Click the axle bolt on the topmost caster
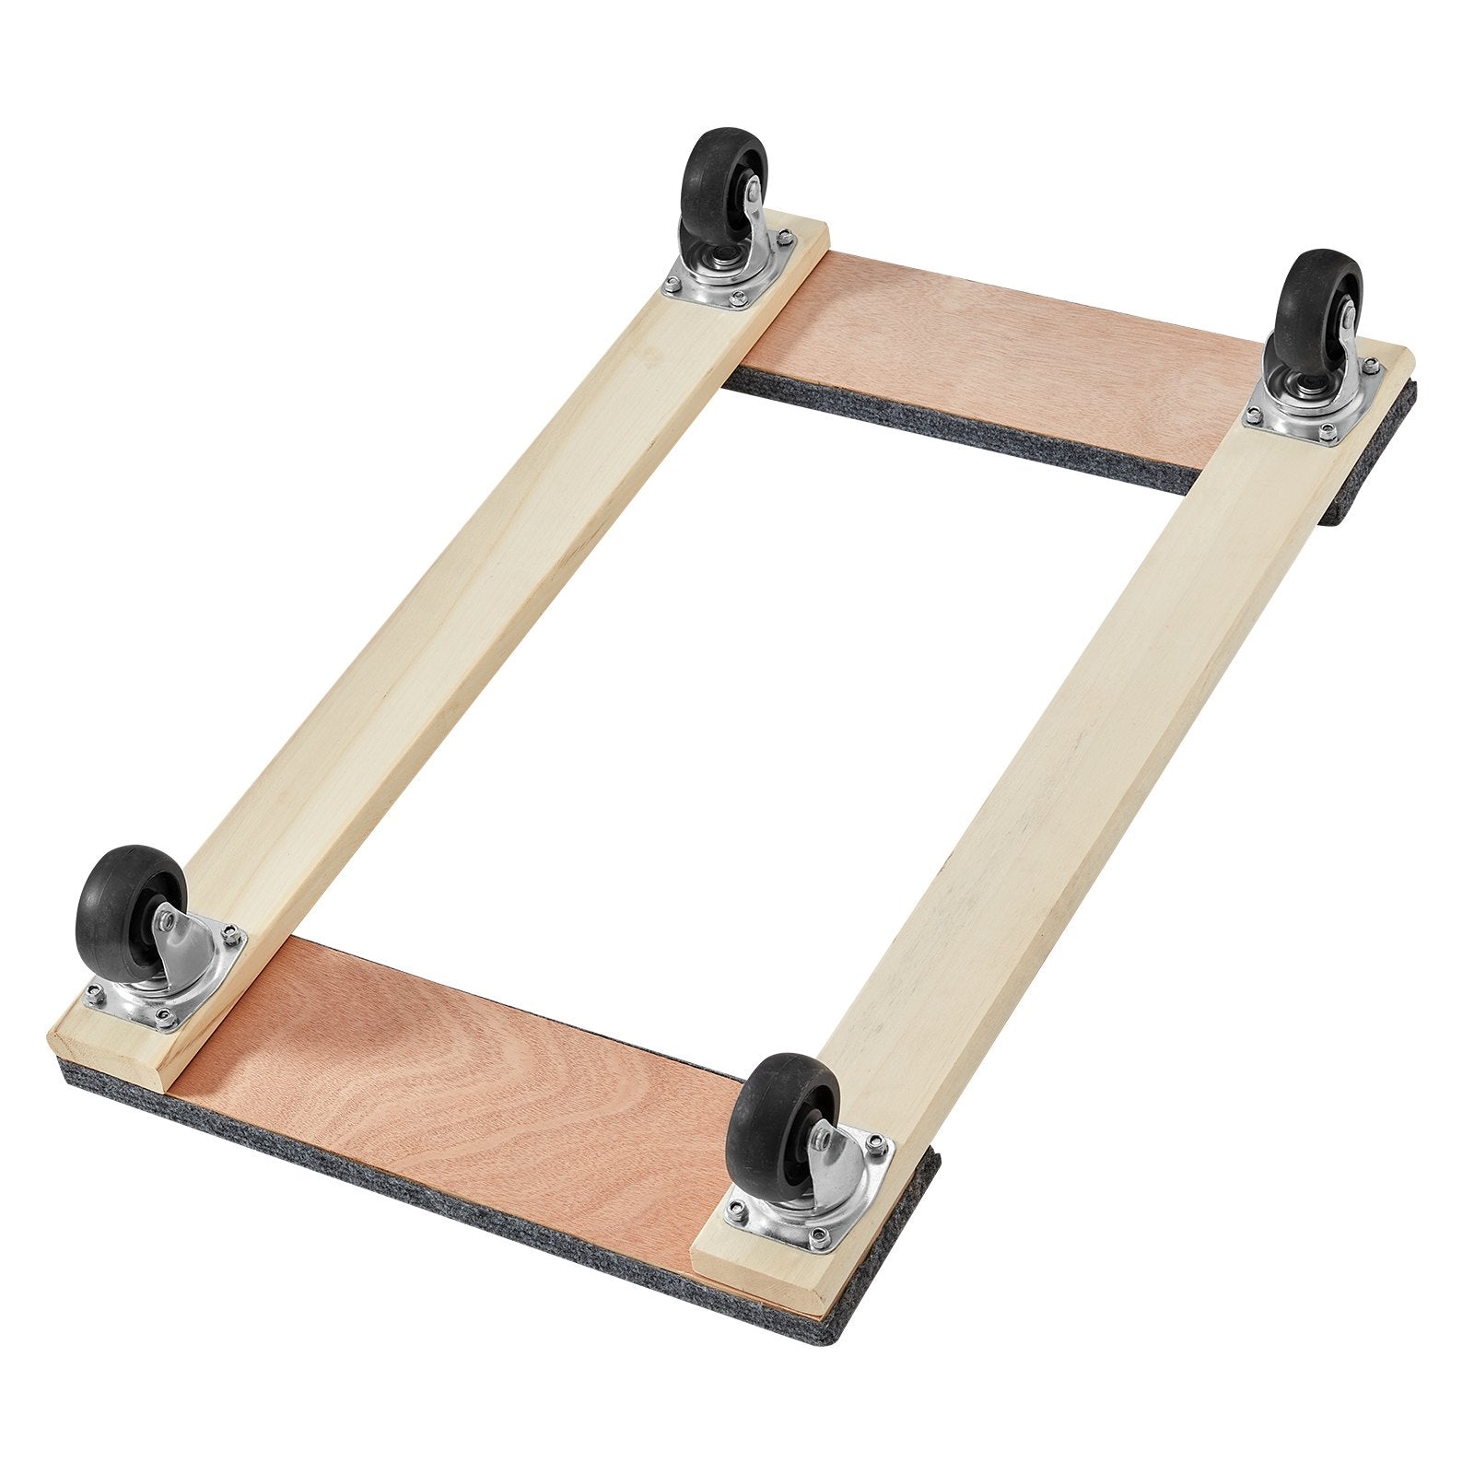tap(753, 192)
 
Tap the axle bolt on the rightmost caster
tap(1347, 315)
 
